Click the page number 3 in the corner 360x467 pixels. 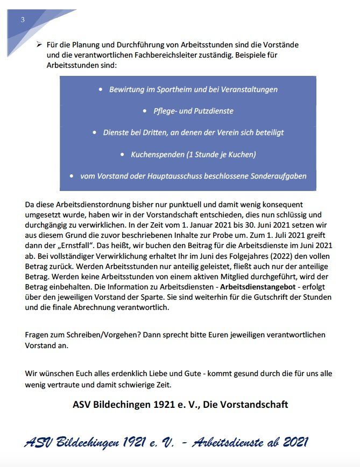click(x=23, y=20)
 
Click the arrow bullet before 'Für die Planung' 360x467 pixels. click(x=39, y=44)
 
